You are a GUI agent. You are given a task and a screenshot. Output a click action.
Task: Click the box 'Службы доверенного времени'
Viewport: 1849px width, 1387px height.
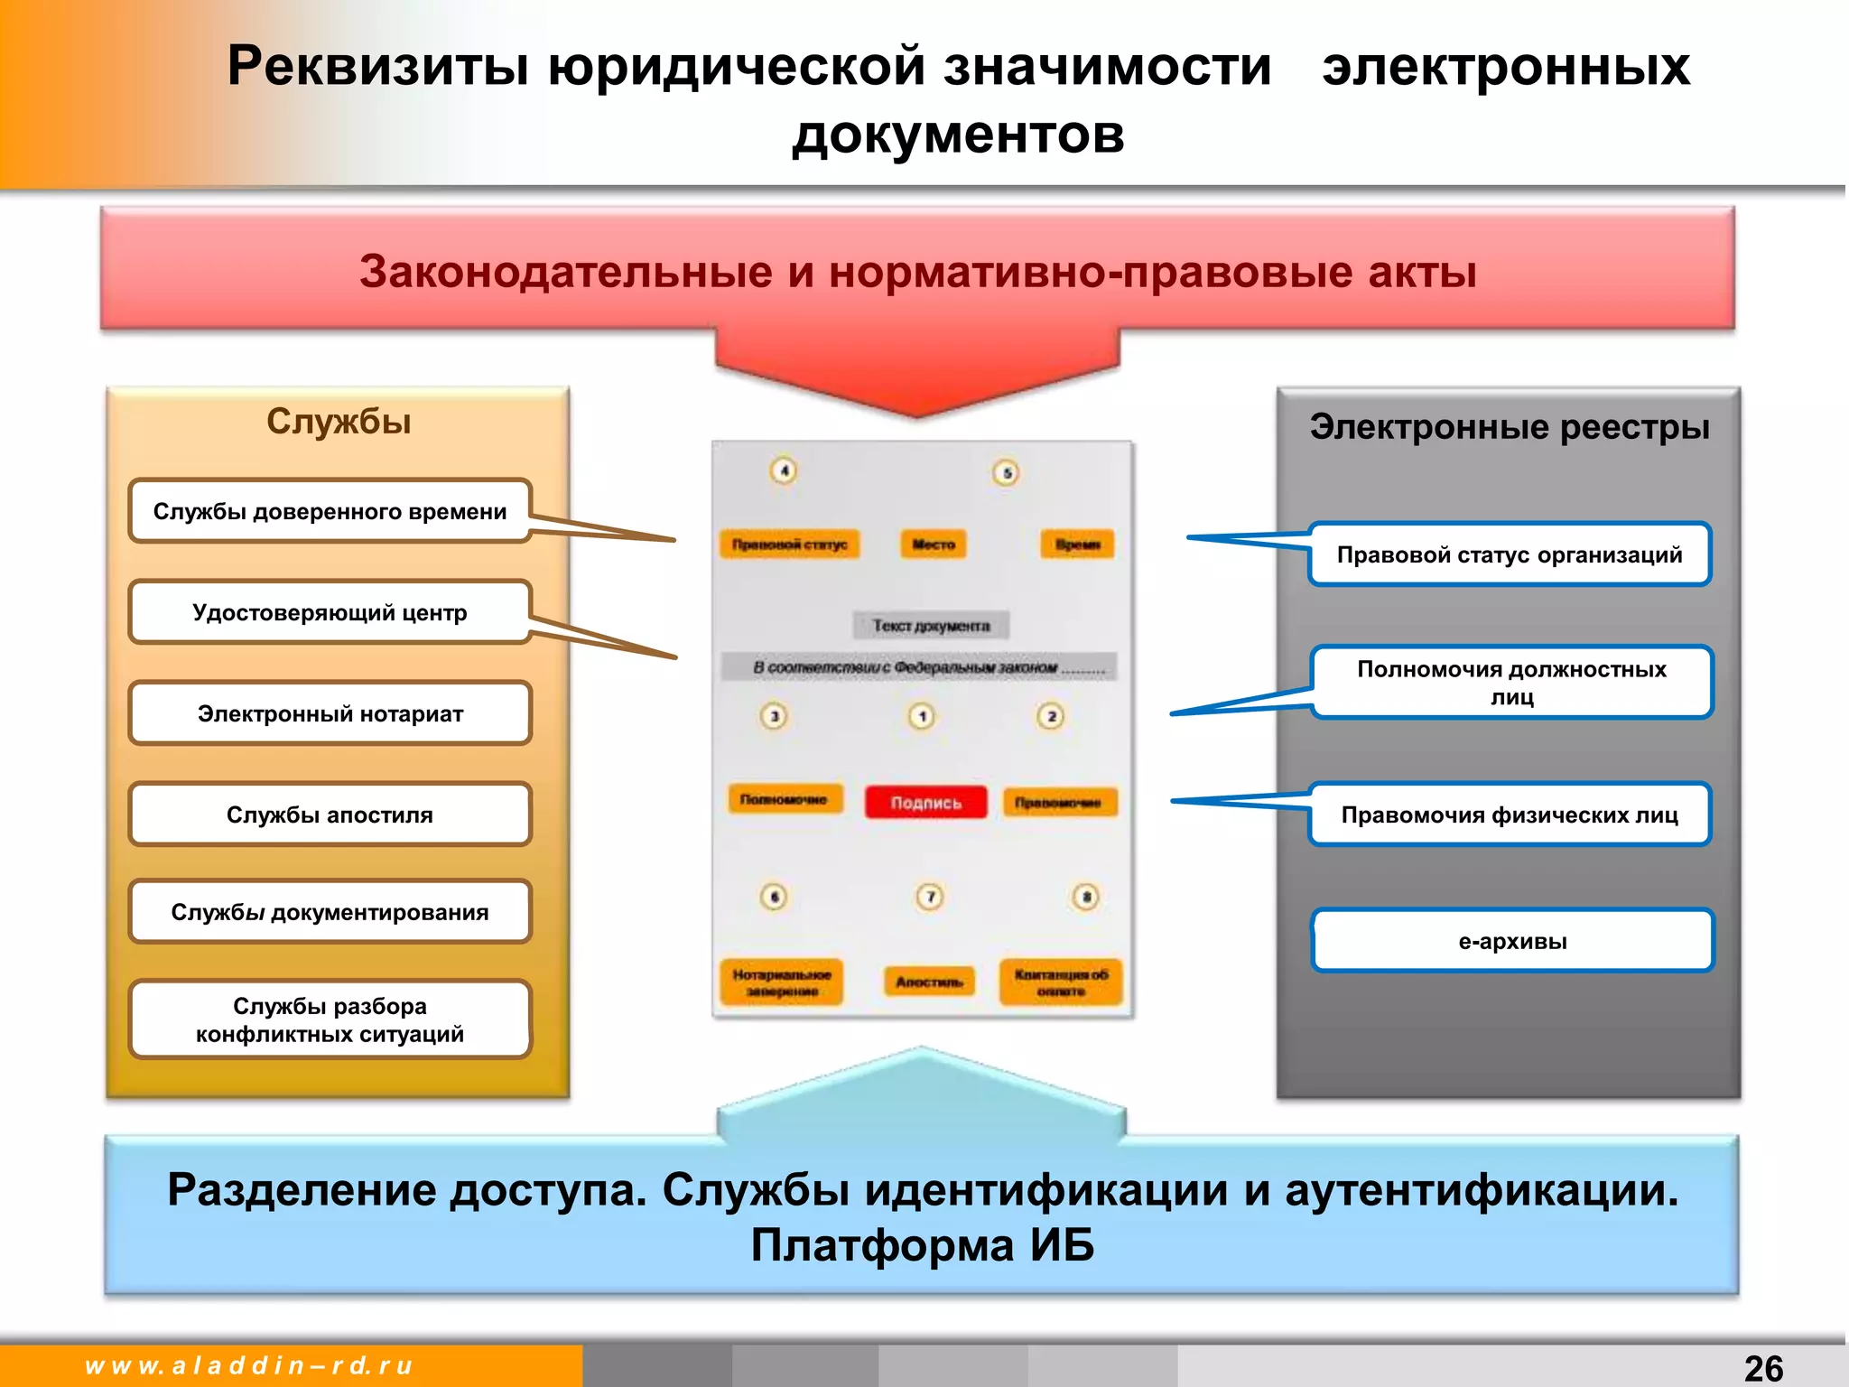pyautogui.click(x=330, y=511)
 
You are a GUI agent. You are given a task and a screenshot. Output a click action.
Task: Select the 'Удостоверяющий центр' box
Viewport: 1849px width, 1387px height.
pyautogui.click(x=330, y=612)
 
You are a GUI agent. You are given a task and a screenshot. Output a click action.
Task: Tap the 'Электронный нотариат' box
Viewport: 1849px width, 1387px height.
pyautogui.click(x=330, y=713)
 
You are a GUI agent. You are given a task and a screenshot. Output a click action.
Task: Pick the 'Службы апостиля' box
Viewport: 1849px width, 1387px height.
pyautogui.click(x=330, y=815)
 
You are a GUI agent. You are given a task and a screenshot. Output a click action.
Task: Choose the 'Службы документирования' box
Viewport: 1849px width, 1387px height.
pyautogui.click(x=330, y=912)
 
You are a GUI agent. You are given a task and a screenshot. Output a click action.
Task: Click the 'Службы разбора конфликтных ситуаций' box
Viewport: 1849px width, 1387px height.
pyautogui.click(x=330, y=1019)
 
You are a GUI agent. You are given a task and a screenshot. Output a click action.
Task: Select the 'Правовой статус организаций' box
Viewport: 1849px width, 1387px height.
pyautogui.click(x=1510, y=554)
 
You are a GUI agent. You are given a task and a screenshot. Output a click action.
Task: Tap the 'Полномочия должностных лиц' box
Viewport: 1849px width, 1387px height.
pyautogui.click(x=1511, y=683)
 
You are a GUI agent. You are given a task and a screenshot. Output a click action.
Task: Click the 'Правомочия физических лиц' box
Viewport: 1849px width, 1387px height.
pyautogui.click(x=1510, y=815)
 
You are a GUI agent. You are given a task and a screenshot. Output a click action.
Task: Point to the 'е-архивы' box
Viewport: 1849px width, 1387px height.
pyautogui.click(x=1512, y=941)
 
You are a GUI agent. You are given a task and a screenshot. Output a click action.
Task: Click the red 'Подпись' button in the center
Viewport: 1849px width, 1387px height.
pyautogui.click(x=926, y=802)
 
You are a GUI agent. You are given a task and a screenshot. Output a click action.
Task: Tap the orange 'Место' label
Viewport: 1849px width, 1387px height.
pyautogui.click(x=934, y=545)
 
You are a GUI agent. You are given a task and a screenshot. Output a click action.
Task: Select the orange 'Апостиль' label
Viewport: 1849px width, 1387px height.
pyautogui.click(x=929, y=982)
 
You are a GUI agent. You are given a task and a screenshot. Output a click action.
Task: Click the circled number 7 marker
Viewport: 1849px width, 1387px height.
pyautogui.click(x=930, y=897)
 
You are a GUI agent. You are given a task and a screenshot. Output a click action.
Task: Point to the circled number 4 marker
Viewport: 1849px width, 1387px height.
pyautogui.click(x=784, y=470)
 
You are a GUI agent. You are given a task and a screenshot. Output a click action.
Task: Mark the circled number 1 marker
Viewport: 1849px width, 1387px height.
pyautogui.click(x=922, y=716)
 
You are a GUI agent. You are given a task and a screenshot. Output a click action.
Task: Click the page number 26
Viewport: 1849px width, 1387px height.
pyautogui.click(x=1763, y=1368)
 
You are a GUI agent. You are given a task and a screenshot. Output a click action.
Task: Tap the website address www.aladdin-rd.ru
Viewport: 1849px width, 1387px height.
pyautogui.click(x=248, y=1365)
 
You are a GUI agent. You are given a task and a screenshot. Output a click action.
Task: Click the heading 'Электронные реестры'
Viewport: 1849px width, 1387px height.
pyautogui.click(x=1510, y=427)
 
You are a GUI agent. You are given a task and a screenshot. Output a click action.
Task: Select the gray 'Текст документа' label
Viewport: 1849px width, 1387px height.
pyautogui.click(x=931, y=626)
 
